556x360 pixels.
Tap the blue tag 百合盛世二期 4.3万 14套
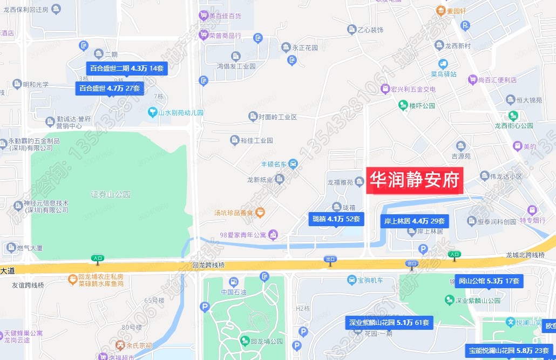(128, 69)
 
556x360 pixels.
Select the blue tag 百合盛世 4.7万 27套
(110, 88)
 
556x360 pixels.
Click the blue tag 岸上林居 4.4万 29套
(415, 221)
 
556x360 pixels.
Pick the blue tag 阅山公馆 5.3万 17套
(489, 281)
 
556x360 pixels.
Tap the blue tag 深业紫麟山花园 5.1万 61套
(389, 323)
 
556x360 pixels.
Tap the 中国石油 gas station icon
(233, 282)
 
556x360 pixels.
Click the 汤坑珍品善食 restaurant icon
(260, 212)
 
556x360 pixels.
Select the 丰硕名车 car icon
(292, 164)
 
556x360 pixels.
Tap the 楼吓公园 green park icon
(403, 105)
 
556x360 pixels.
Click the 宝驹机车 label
(370, 280)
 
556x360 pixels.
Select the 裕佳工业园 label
(257, 140)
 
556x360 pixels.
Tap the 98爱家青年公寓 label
(243, 234)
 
